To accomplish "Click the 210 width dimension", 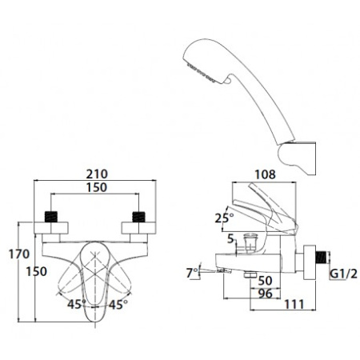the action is (97, 174).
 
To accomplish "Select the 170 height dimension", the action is (19, 254).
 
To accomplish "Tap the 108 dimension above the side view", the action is (265, 174).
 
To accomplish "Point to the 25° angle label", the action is (224, 218).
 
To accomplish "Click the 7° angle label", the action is (192, 273).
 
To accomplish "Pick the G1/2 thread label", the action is (344, 274).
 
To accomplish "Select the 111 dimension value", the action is (294, 304).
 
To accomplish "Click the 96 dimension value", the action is (266, 294).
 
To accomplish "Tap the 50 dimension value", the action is (266, 281).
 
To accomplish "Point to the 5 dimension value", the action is (230, 238).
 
